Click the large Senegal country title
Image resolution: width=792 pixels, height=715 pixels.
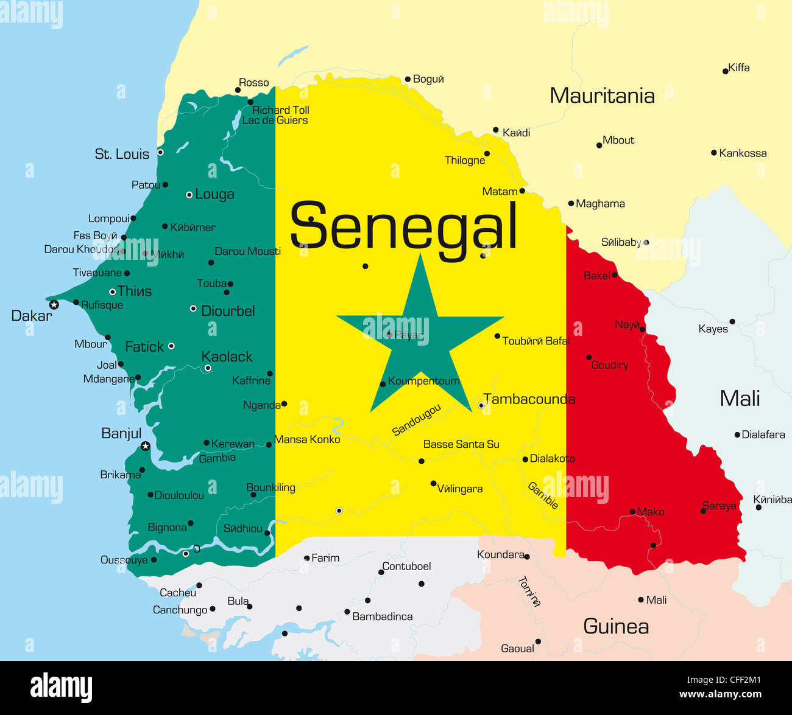(403, 226)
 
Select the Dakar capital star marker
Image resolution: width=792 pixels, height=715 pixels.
(54, 304)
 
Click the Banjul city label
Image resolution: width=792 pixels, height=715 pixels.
(121, 433)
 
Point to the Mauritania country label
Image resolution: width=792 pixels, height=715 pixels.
(602, 96)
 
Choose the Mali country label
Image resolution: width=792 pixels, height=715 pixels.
(740, 399)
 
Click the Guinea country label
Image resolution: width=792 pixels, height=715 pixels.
(616, 626)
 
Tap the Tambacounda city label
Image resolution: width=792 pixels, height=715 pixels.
(529, 399)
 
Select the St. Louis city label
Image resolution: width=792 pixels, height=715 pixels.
(122, 154)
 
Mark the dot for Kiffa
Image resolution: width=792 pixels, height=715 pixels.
(725, 71)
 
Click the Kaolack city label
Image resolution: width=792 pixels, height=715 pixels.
(227, 357)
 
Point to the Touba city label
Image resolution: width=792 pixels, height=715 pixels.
(211, 284)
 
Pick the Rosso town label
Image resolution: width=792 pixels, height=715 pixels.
(253, 83)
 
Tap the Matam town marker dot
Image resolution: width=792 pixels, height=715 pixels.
(522, 191)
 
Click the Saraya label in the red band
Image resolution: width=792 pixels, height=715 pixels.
(720, 506)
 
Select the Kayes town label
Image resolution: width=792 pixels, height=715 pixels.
(713, 329)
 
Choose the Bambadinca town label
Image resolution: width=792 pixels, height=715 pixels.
(382, 616)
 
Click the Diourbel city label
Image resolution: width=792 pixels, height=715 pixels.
(228, 311)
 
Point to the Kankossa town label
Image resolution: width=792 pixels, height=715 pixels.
(743, 153)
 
